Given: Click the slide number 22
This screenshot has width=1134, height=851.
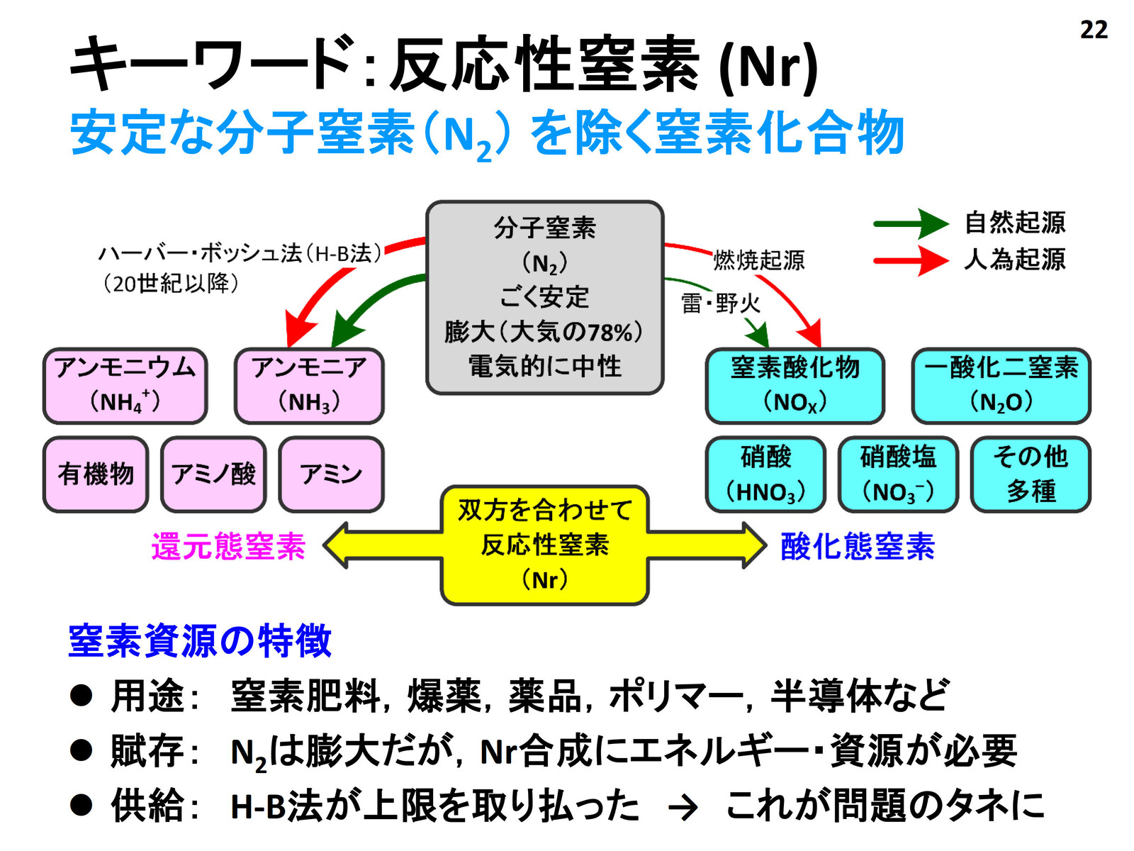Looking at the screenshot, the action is [1094, 30].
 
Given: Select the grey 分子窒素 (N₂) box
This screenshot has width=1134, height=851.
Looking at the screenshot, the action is [544, 298].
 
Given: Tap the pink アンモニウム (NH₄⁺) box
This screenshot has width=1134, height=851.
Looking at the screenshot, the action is [125, 386].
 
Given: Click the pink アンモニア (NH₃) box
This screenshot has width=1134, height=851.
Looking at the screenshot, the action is [309, 386].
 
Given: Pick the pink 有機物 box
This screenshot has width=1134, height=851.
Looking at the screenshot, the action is [96, 474].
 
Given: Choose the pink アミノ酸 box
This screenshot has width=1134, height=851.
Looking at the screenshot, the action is [213, 474].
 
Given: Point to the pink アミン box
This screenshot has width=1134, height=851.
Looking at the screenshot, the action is [331, 474].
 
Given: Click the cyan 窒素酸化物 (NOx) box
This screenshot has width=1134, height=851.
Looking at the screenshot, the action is [795, 386].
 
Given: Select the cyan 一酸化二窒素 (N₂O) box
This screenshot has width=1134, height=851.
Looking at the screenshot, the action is [1001, 386].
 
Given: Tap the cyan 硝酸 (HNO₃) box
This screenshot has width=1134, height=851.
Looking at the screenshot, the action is [765, 474].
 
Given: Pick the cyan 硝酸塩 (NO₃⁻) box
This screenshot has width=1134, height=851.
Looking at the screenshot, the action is [898, 474].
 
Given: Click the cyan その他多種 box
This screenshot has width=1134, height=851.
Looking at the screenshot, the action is [1030, 474].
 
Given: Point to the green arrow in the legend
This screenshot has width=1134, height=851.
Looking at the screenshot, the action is [911, 223].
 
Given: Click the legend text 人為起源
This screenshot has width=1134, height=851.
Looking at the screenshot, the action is [1015, 260].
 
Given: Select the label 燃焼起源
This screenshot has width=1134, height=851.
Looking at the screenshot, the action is [759, 260].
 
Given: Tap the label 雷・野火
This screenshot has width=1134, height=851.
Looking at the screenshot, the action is [721, 304].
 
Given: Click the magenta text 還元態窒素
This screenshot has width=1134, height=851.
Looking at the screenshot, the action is [228, 546].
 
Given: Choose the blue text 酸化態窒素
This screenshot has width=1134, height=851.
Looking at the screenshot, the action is [858, 546].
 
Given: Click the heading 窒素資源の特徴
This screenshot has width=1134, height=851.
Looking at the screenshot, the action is [199, 641].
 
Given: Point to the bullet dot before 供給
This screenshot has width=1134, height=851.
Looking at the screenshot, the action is [81, 805].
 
